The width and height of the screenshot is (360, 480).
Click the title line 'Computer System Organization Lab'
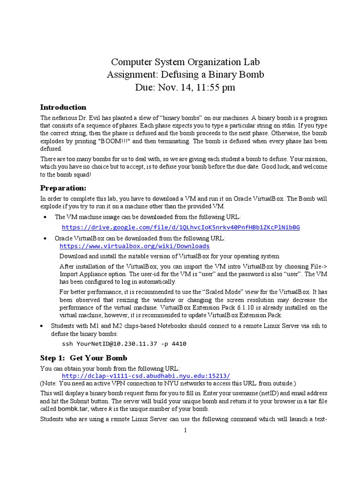click(185, 62)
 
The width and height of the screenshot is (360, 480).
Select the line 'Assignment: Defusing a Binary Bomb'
click(185, 75)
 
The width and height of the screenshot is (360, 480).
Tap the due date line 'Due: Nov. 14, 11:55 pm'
click(185, 87)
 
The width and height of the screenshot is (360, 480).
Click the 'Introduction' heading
click(63, 107)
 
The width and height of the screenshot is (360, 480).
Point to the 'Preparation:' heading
click(63, 187)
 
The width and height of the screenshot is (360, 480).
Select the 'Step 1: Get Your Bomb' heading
click(83, 358)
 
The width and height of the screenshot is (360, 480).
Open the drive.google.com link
click(181, 227)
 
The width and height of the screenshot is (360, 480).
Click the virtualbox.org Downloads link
click(135, 246)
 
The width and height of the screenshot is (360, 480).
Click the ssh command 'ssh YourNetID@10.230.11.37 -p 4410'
click(124, 344)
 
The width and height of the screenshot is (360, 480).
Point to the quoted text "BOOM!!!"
click(112, 141)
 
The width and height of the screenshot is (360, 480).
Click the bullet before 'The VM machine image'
click(45, 217)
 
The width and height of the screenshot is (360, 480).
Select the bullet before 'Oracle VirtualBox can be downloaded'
click(45, 239)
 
